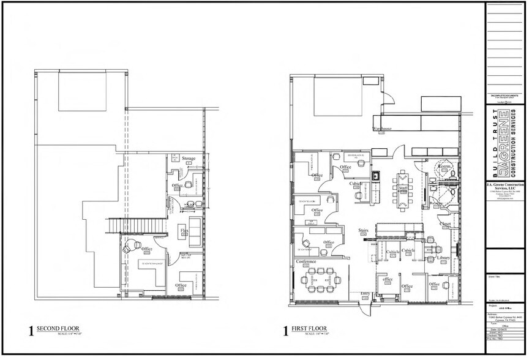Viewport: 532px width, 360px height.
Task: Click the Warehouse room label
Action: click(x=382, y=129)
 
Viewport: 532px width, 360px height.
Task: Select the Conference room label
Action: click(x=306, y=262)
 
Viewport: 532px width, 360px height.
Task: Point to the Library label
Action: click(x=445, y=258)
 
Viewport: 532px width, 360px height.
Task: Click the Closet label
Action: click(x=446, y=223)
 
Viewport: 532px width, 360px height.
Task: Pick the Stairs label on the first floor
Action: click(x=363, y=231)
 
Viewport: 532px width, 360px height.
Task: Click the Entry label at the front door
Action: click(x=366, y=294)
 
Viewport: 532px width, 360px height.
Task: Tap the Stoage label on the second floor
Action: click(x=189, y=159)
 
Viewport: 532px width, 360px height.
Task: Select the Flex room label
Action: click(x=184, y=230)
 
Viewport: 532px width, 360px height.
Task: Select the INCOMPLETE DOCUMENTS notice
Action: click(x=504, y=96)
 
